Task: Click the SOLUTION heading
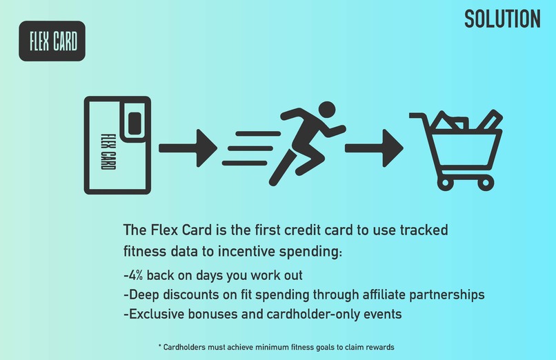tap(502, 19)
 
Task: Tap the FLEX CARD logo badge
tap(52, 41)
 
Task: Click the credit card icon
tap(117, 145)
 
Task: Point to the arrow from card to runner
tap(188, 147)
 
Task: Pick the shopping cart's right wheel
tap(487, 183)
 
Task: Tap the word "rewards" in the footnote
tap(378, 346)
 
